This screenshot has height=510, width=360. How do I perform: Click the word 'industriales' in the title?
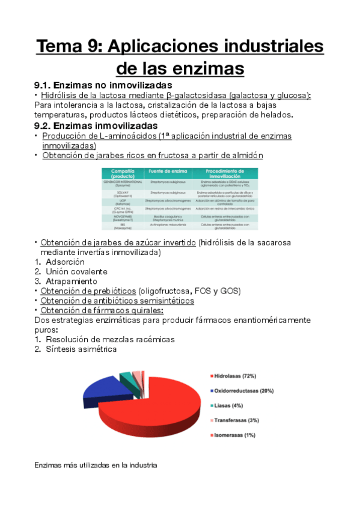[269, 46]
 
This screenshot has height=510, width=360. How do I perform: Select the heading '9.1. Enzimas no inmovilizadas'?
[103, 85]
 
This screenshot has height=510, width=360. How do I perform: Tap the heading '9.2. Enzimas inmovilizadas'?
[96, 126]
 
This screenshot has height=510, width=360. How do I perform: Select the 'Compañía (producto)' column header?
[122, 173]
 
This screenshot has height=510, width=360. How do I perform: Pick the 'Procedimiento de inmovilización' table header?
[223, 173]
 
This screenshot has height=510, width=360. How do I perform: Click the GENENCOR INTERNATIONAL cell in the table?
[122, 183]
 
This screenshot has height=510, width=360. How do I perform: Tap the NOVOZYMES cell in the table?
[122, 218]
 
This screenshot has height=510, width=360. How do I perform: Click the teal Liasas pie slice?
[126, 378]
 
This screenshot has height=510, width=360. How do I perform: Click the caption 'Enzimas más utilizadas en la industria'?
[96, 465]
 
